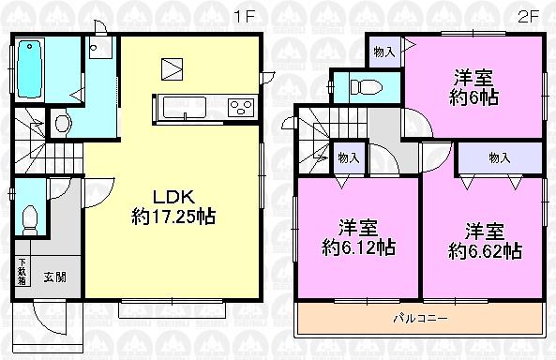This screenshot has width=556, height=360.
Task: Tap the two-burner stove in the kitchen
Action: (x=241, y=108)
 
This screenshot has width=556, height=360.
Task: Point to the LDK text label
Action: (x=173, y=199)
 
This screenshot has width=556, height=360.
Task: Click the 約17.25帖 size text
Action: (x=173, y=217)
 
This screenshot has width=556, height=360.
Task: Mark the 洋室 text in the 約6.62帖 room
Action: (x=485, y=231)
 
